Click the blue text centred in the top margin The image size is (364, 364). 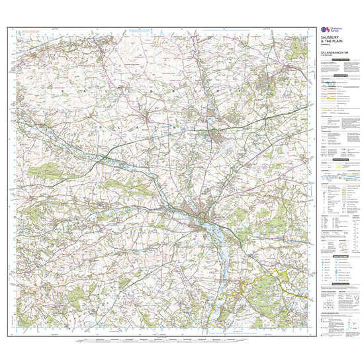(138, 29)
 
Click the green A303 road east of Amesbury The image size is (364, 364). (265, 119)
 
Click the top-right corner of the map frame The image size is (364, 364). (309, 27)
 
